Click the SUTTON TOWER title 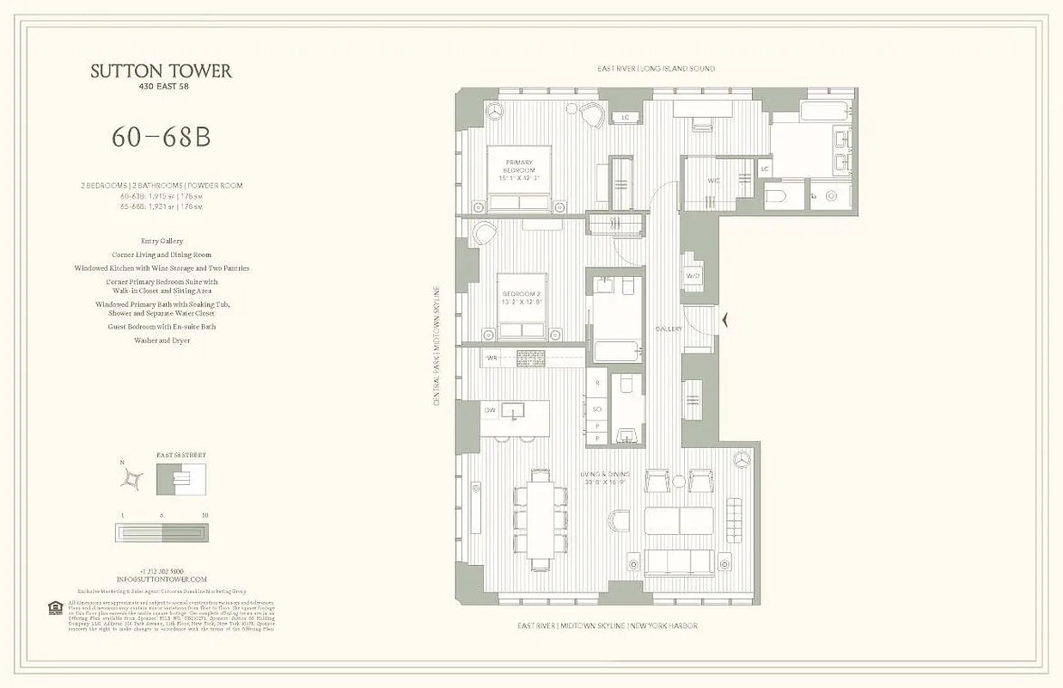(x=162, y=71)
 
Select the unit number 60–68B (x=161, y=138)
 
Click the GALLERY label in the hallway (x=668, y=329)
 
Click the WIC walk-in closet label (x=714, y=181)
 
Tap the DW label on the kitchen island (x=490, y=410)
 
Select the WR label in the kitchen (x=492, y=357)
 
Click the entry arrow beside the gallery (x=727, y=321)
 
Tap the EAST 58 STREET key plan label (x=181, y=455)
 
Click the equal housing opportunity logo (x=56, y=608)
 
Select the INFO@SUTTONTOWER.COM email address (x=162, y=580)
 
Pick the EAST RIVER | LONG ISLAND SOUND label (x=656, y=69)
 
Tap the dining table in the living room (x=541, y=519)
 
